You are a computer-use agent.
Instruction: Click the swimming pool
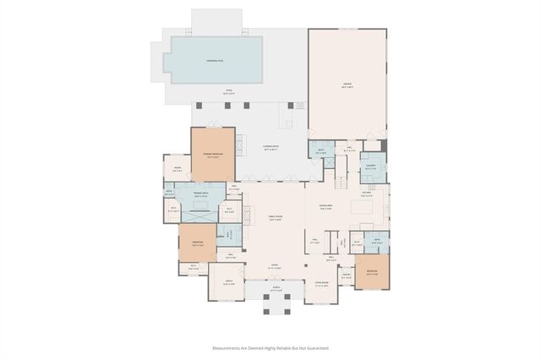216,60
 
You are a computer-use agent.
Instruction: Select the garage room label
347,85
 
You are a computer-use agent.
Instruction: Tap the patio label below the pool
228,92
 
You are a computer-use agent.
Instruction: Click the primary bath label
200,195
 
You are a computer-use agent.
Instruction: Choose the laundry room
371,166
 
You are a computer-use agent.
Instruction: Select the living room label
321,283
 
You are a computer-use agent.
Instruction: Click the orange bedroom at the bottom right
372,273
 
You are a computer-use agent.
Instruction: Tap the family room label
275,219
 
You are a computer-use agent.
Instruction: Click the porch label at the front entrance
276,291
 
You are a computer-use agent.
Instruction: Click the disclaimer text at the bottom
270,347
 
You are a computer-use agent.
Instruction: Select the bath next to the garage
321,152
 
